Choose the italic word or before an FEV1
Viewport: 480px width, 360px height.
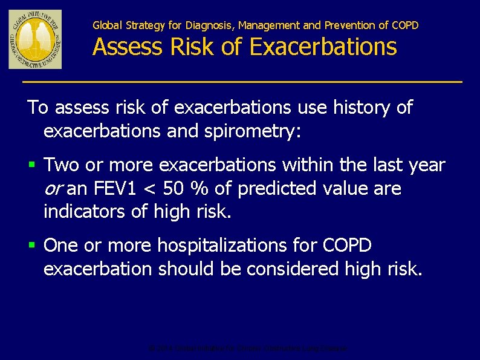click(53, 189)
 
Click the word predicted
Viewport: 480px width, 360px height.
click(274, 189)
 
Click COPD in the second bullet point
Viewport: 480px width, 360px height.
click(348, 246)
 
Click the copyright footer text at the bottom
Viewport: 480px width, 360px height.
click(248, 349)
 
